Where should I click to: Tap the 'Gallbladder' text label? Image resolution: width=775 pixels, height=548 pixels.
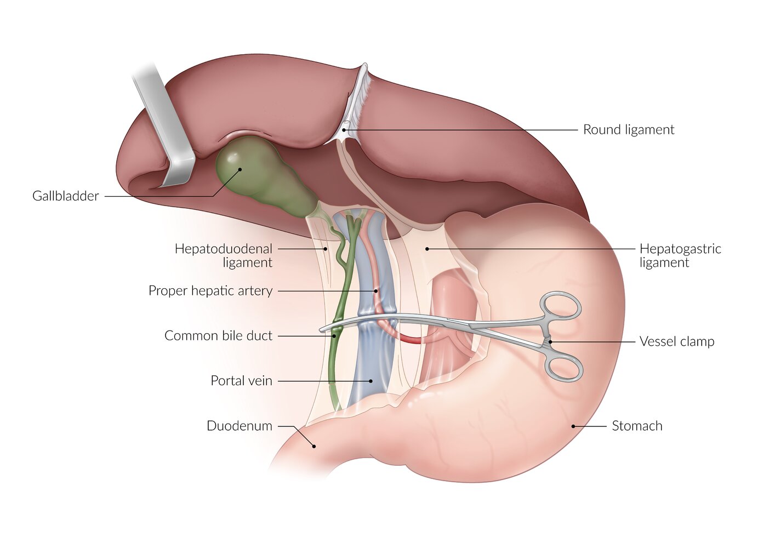point(66,196)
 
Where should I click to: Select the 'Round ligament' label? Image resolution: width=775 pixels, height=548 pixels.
point(629,130)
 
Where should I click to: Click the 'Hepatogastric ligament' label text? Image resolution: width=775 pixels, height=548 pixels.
point(680,256)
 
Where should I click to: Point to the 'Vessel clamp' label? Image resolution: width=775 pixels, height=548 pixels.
point(677,341)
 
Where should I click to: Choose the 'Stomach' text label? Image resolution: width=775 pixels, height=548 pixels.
point(637,426)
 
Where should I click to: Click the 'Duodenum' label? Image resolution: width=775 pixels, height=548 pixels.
point(240,426)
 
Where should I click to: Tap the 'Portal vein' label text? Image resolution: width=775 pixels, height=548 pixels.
point(242,381)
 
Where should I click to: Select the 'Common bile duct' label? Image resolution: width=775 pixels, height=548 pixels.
point(218,335)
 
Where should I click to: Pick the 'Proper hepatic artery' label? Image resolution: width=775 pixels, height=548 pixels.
point(210,291)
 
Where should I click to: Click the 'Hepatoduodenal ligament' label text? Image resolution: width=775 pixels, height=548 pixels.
point(224,256)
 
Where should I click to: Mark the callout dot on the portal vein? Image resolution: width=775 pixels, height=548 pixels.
point(371,381)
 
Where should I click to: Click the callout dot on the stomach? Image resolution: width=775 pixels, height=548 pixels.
point(573,426)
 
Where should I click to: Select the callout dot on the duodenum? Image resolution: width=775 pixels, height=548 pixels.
point(314,446)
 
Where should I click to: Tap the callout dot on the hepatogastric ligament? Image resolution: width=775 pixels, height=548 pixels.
point(427,249)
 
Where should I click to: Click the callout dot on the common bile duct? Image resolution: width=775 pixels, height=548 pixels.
point(334,336)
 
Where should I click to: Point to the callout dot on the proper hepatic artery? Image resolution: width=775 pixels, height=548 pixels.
point(376,292)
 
